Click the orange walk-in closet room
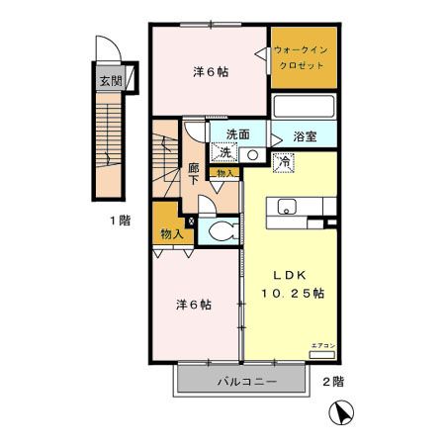point(304,58)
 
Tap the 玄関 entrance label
point(109,82)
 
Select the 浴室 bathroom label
point(306,136)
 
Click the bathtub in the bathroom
point(304,108)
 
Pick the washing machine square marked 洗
point(226,152)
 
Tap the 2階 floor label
point(332,381)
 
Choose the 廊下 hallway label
point(195,174)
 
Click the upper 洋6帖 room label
point(209,72)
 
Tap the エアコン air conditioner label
point(323,345)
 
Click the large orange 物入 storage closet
point(172,233)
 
